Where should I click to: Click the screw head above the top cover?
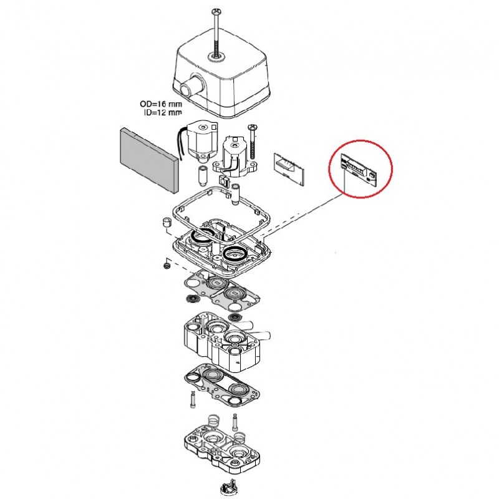pyautogui.click(x=216, y=11)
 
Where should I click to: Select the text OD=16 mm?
pyautogui.click(x=160, y=105)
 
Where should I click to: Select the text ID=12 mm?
pyautogui.click(x=160, y=112)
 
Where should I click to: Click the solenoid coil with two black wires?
pyautogui.click(x=199, y=138)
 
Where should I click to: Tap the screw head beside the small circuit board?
pyautogui.click(x=253, y=127)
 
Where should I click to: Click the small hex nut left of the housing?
pyautogui.click(x=167, y=266)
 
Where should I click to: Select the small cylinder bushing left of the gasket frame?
pyautogui.click(x=167, y=223)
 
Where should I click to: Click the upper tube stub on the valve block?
pyautogui.click(x=251, y=325)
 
